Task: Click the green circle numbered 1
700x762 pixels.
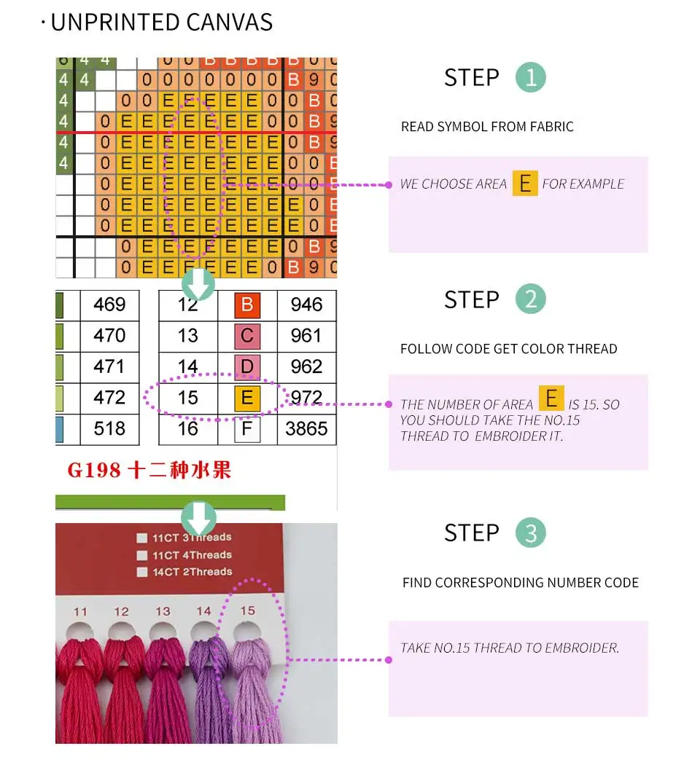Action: [530, 77]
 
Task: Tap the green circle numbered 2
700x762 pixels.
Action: [530, 299]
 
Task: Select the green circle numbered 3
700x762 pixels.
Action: [530, 533]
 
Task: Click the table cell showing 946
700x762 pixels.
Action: [306, 305]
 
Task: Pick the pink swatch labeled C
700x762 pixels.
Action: [246, 336]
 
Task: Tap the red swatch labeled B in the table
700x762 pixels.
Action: [246, 305]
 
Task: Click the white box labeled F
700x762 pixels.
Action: [246, 429]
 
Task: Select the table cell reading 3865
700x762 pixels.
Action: [306, 429]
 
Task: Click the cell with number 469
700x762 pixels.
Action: [109, 305]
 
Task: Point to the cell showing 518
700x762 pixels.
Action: [109, 429]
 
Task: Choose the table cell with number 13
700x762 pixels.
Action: [188, 336]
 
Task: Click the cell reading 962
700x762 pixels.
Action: [306, 366]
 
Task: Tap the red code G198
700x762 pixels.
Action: [94, 470]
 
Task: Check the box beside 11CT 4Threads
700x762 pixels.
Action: [142, 556]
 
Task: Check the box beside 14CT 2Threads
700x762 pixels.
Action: [142, 573]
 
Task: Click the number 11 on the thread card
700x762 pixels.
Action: [80, 612]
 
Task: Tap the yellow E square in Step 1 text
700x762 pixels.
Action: [525, 184]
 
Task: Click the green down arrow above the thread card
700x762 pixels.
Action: [198, 518]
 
